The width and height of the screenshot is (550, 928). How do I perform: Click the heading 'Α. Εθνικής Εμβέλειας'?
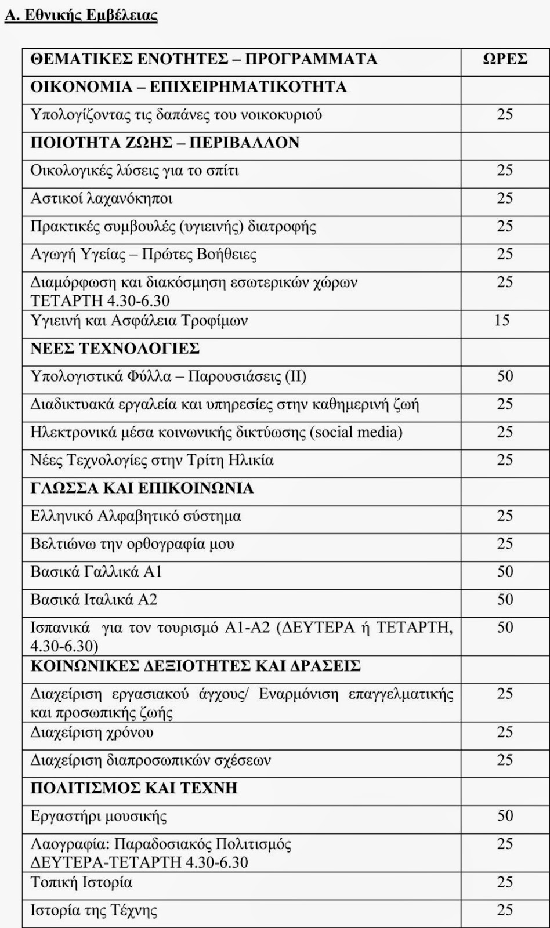pyautogui.click(x=81, y=15)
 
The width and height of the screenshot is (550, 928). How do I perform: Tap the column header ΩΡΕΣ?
pyautogui.click(x=505, y=59)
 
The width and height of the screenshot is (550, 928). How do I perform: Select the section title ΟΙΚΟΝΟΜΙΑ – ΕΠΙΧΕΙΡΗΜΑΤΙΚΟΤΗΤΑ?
pyautogui.click(x=189, y=87)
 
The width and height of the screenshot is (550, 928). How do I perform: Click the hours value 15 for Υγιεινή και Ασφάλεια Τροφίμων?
pyautogui.click(x=502, y=320)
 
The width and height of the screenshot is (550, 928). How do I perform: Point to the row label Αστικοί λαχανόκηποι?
pyautogui.click(x=102, y=199)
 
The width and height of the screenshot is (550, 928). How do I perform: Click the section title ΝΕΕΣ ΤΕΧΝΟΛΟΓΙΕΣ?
pyautogui.click(x=115, y=348)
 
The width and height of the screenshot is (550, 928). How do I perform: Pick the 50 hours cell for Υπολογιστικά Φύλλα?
pyautogui.click(x=505, y=376)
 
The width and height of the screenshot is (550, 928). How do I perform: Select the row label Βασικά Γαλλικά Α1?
pyautogui.click(x=96, y=572)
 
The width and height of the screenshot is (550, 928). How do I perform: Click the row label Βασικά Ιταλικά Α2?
pyautogui.click(x=94, y=599)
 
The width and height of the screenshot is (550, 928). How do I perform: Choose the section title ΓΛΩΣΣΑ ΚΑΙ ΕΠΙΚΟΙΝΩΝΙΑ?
pyautogui.click(x=142, y=488)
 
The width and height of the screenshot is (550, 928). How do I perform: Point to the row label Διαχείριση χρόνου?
pyautogui.click(x=92, y=733)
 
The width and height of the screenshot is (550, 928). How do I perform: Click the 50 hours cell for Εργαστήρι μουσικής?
pyautogui.click(x=505, y=815)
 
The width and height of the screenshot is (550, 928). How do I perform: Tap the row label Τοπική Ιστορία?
pyautogui.click(x=82, y=882)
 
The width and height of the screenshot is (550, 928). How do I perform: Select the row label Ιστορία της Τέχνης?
pyautogui.click(x=94, y=910)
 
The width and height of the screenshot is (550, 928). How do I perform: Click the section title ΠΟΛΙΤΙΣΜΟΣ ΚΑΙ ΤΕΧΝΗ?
pyautogui.click(x=134, y=788)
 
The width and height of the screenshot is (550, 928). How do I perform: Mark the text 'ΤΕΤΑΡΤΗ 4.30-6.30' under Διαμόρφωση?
pyautogui.click(x=100, y=300)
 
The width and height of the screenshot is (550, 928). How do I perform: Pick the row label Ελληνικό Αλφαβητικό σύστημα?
pyautogui.click(x=136, y=516)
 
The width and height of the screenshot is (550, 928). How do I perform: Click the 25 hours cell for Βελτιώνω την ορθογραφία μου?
pyautogui.click(x=505, y=543)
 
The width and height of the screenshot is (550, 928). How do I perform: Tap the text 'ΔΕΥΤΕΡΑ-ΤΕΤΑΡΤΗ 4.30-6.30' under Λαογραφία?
pyautogui.click(x=139, y=862)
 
